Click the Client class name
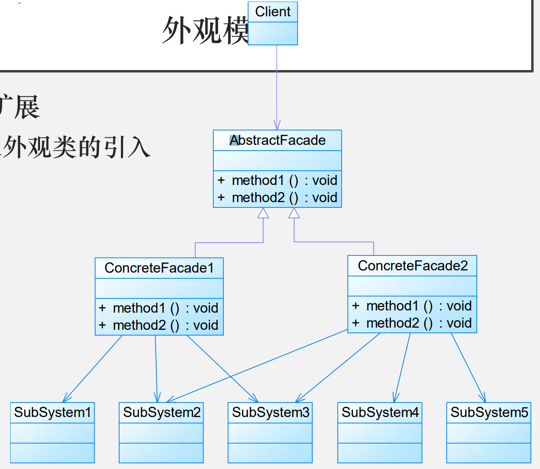coord(273,12)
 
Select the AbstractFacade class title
coord(277,140)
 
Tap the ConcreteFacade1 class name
coord(159,268)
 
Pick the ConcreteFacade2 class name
coord(412,266)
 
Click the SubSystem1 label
coord(52,413)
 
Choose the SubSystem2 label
coord(161,413)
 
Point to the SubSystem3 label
coord(270,413)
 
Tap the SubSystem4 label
coord(380,413)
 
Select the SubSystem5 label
coord(489,413)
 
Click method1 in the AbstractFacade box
coord(258,181)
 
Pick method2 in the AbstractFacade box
coord(258,198)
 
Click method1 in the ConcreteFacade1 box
coord(139,308)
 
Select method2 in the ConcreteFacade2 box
coord(393,323)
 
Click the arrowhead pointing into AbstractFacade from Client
coord(277,125)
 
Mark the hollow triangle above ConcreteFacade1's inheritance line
coord(263,213)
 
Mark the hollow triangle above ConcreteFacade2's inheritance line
coord(294,213)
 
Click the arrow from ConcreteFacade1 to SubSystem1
coord(93,369)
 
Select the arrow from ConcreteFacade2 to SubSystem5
coord(468,368)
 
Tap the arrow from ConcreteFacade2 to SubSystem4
coord(403,367)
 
